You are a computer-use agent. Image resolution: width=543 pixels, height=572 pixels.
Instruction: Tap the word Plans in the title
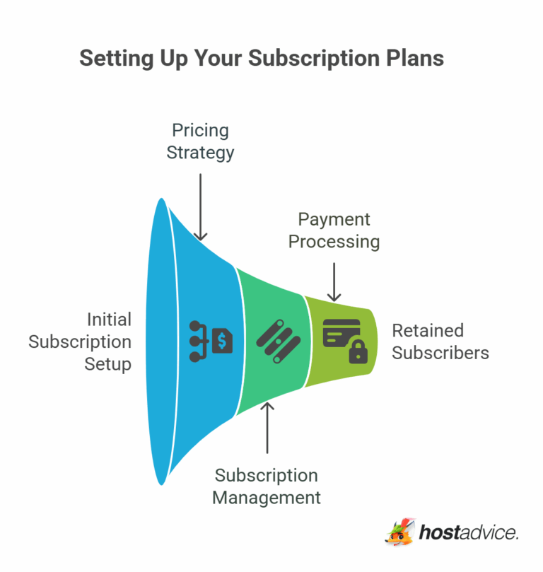[416, 58]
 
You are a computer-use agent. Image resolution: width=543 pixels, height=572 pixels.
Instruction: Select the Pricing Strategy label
[200, 141]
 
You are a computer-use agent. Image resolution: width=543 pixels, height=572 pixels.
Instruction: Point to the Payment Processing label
[334, 230]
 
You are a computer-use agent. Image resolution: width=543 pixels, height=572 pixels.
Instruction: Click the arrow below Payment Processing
[334, 281]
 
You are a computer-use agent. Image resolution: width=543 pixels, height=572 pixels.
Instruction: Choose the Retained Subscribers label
[440, 342]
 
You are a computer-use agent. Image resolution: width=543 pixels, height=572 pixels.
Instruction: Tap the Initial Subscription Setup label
[80, 342]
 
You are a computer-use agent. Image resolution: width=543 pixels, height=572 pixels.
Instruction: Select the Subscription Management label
[267, 486]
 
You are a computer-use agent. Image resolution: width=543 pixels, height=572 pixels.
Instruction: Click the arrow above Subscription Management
[267, 427]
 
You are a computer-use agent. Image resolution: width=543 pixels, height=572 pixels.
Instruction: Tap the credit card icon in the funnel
[342, 332]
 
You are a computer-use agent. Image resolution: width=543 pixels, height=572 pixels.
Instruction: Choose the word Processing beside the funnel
[334, 241]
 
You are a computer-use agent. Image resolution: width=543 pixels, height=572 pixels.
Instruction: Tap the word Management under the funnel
[267, 497]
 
